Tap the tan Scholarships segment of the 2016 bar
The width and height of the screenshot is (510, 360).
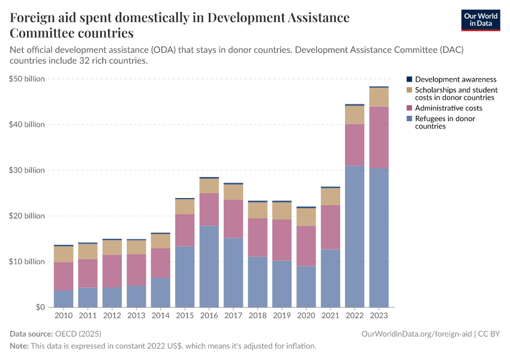[x=209, y=185]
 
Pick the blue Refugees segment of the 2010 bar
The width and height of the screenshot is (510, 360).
[x=64, y=298]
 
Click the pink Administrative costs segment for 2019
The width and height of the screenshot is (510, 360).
[x=281, y=239]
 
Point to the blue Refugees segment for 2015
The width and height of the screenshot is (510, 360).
[x=185, y=277]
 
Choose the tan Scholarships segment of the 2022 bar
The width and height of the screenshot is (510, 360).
[x=355, y=115]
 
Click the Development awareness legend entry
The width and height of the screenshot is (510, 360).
[x=455, y=79]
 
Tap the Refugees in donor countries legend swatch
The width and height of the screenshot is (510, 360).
[x=409, y=119]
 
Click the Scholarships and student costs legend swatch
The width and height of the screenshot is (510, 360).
[x=409, y=90]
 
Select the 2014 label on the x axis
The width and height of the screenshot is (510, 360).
[x=160, y=315]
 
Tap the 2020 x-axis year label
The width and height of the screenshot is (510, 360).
[x=306, y=315]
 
